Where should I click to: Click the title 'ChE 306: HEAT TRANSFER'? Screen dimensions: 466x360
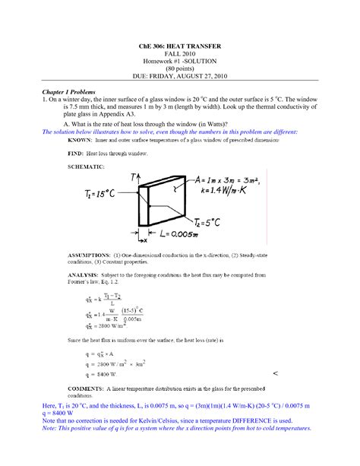[x=180, y=47]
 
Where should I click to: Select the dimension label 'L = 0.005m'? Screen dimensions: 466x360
[x=186, y=233]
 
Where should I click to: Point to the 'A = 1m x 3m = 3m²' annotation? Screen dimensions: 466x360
[x=219, y=181]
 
